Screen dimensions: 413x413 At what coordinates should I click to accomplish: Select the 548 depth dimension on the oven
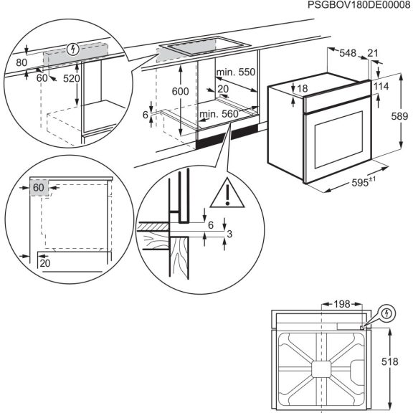point(348,52)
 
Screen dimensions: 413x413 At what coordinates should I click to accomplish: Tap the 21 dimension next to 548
point(373,52)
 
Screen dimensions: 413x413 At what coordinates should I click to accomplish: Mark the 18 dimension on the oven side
point(302,88)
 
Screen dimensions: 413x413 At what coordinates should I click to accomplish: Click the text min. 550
point(235,72)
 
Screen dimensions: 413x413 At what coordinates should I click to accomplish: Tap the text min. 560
point(219,114)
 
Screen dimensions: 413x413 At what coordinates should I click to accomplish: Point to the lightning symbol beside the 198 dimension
point(386,313)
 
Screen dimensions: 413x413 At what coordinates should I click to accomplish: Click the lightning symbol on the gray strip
point(71,49)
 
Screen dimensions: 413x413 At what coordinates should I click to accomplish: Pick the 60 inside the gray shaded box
point(38,188)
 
